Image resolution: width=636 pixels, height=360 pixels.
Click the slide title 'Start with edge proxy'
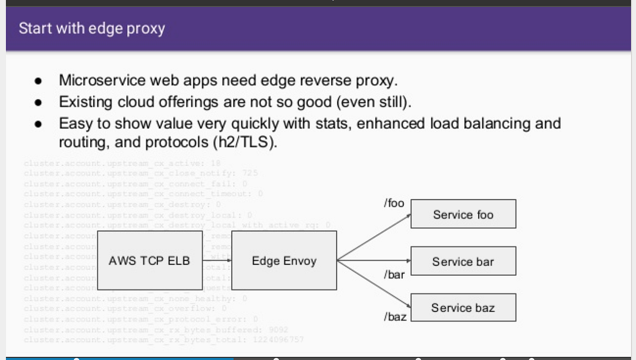point(92,28)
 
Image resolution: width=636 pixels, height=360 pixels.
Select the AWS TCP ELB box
point(149,261)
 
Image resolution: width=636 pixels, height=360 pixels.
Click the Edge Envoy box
point(284,261)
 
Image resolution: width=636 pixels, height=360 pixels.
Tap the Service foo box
point(463,214)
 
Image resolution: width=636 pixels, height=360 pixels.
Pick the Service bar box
point(463,261)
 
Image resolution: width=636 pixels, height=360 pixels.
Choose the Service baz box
point(463,308)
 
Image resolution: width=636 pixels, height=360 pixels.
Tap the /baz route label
point(395,317)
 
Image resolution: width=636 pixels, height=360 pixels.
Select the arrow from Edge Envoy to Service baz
point(374,284)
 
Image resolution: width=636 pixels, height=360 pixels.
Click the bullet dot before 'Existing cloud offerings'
point(38,102)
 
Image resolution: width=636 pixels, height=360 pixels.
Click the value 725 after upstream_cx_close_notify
point(250,173)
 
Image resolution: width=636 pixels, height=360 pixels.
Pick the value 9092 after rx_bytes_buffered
point(278,330)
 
